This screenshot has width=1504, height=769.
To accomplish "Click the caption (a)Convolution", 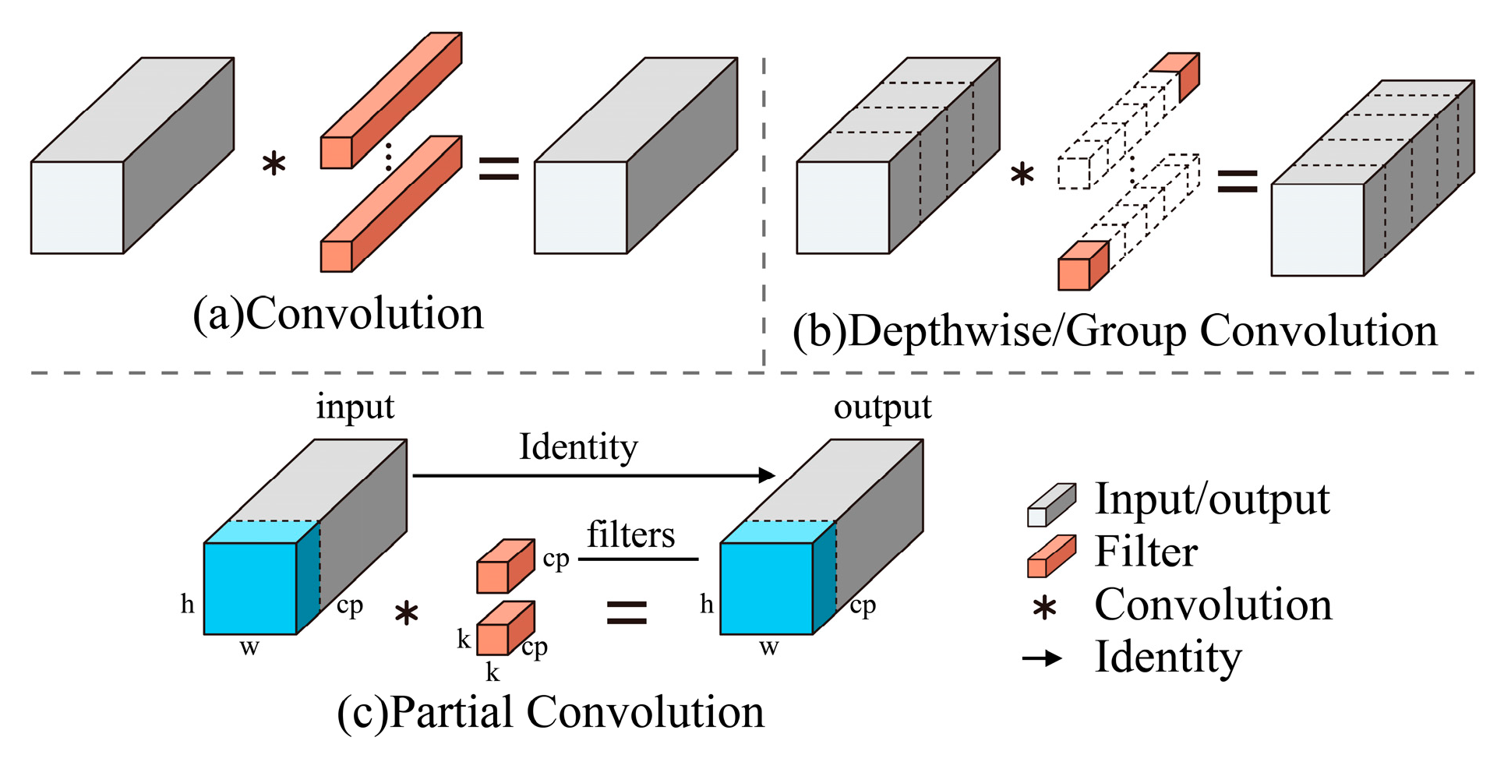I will (338, 314).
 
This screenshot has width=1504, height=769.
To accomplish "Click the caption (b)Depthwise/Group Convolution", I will (1114, 331).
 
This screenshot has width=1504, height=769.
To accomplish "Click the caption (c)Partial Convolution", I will (550, 712).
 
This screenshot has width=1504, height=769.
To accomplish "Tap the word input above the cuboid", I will (355, 407).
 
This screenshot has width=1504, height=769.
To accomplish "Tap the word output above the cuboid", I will (882, 407).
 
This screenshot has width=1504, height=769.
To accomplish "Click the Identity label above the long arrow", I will (578, 447).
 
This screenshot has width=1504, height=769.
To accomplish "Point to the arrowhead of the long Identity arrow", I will (768, 475).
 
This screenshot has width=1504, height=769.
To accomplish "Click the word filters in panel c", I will (630, 535).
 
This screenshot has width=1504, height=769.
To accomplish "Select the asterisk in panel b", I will (1022, 175).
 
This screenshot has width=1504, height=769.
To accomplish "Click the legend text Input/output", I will (1212, 499).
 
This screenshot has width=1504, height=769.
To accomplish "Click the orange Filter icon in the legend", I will (1050, 556).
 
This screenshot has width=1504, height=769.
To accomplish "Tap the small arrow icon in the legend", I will (1043, 659).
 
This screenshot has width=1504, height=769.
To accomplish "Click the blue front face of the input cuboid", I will (250, 589).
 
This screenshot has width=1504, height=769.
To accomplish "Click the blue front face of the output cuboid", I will (766, 589).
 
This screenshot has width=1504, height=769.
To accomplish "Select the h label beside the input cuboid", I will (187, 604).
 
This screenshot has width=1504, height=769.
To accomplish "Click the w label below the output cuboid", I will (768, 647).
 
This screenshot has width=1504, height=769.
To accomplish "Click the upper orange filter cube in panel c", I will (503, 567).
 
